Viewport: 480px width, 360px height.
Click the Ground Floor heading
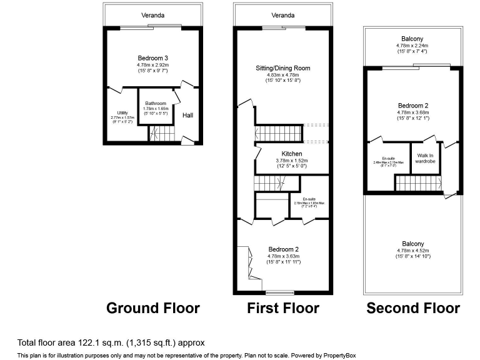pyautogui.click(x=153, y=308)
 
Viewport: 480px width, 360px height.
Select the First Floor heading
pyautogui.click(x=283, y=308)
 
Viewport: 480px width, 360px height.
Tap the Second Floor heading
pyautogui.click(x=413, y=308)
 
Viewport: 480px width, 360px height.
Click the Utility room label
pyautogui.click(x=122, y=112)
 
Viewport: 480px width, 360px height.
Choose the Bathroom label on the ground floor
pyautogui.click(x=156, y=103)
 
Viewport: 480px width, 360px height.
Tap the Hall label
pyautogui.click(x=188, y=115)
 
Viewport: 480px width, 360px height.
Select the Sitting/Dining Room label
pyautogui.click(x=283, y=68)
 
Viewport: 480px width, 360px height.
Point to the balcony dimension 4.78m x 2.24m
pyautogui.click(x=413, y=46)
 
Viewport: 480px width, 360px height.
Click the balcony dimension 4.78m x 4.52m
pyautogui.click(x=413, y=251)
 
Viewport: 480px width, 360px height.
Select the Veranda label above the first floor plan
pyautogui.click(x=283, y=15)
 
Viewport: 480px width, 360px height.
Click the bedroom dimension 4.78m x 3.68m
pyautogui.click(x=413, y=113)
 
